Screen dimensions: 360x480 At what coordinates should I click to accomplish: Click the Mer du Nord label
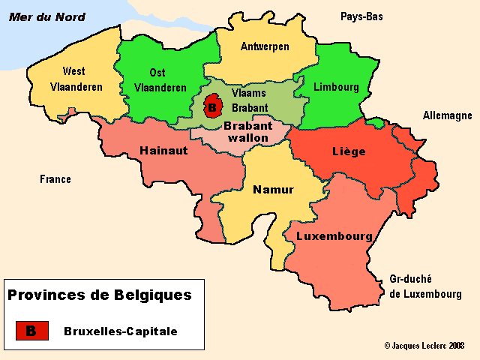click(46, 17)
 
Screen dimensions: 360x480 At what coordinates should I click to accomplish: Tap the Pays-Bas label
click(361, 16)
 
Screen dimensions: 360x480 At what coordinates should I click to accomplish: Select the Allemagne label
click(447, 115)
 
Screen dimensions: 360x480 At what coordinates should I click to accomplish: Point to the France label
click(55, 179)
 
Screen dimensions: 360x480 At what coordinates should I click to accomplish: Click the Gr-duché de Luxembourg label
click(425, 286)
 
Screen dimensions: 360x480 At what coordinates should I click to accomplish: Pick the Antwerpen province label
click(265, 46)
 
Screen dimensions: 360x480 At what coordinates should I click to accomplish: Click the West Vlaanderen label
click(76, 79)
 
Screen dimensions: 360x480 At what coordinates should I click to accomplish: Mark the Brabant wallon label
click(247, 132)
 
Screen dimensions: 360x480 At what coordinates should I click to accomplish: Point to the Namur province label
click(273, 189)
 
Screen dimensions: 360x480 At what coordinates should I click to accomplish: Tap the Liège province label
click(349, 151)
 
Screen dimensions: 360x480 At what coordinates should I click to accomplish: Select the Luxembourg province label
click(334, 235)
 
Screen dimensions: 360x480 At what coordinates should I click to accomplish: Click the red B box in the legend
click(32, 330)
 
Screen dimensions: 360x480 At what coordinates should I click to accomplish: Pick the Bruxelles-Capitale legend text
click(121, 331)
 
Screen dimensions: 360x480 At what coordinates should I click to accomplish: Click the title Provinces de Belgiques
click(99, 295)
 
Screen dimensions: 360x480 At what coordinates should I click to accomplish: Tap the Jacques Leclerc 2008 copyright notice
click(424, 346)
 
